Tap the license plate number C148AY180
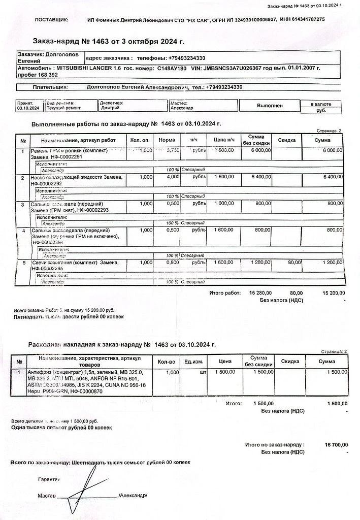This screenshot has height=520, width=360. point(172,68)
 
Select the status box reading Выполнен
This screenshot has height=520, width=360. point(270,105)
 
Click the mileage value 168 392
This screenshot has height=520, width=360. point(45,75)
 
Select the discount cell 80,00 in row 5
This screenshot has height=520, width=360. point(294,263)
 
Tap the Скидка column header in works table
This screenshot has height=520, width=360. point(287,140)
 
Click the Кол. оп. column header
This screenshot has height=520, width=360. point(140,140)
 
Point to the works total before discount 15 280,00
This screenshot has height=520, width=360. point(260,293)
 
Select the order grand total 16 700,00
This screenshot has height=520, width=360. point(336,445)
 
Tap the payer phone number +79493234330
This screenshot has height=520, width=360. point(223,87)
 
